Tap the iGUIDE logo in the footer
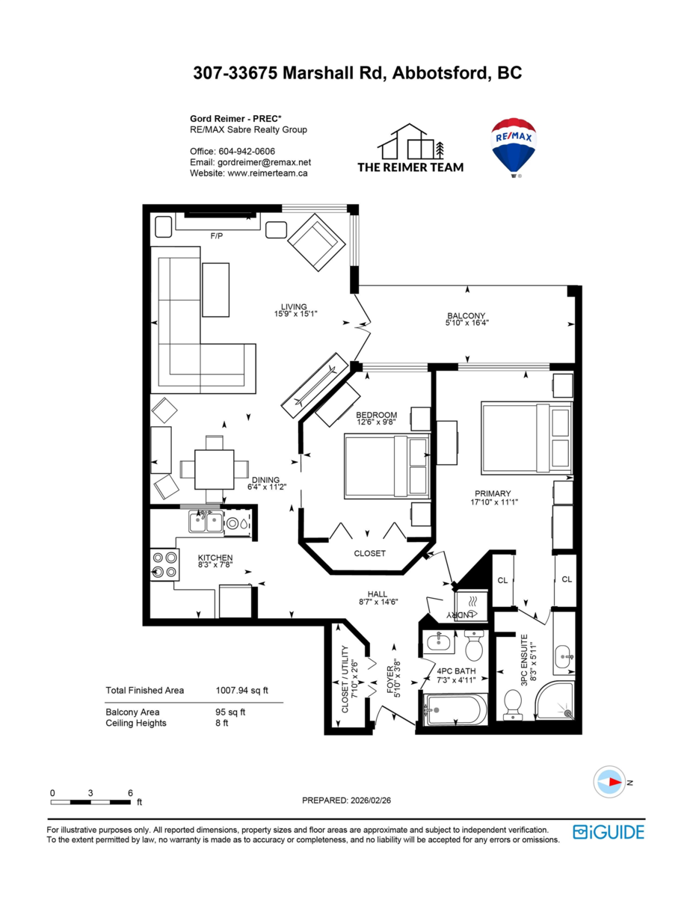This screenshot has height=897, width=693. pos(608,832)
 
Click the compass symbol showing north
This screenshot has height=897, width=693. pos(609,782)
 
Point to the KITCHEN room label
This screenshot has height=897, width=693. pos(215,558)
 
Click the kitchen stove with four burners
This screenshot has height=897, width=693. pos(166,564)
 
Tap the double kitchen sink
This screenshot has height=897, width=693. pos(205,521)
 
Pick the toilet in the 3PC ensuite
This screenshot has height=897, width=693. pos(513,703)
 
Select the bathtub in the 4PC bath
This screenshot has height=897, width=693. pos(455,709)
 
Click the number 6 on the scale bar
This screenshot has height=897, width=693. pos(130,792)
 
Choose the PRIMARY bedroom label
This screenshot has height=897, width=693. pos(493,493)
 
